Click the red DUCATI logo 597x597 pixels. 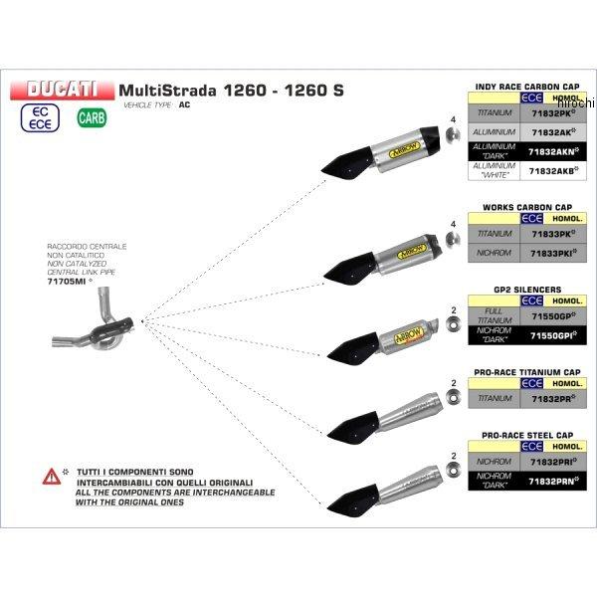pos(63,89)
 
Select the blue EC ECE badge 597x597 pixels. pos(41,118)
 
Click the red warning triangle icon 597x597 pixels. pos(48,478)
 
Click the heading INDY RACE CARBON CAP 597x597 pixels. pos(530,86)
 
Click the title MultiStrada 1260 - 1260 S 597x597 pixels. pos(232,89)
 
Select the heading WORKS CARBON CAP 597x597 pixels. pos(531,207)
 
